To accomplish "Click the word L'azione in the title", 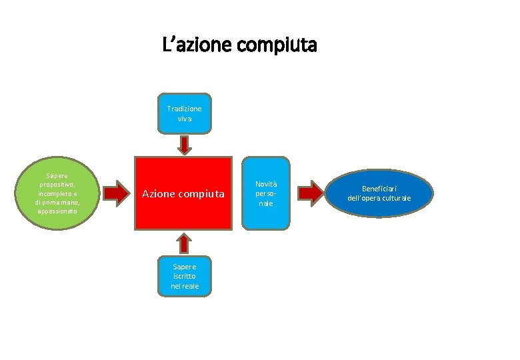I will pos(198,46).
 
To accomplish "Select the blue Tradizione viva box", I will pos(185,113).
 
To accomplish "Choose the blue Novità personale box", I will pos(266,193).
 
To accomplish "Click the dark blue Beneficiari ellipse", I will pos(379,193).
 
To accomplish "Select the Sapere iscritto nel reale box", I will pos(185,276).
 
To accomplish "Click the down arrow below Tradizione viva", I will pos(185,144).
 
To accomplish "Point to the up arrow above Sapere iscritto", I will pos(185,243).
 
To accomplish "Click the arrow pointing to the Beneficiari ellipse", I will pos(311,193).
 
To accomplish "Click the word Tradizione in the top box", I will pos(185,108).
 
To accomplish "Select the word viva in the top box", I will pos(185,119).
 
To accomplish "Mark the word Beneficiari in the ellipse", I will pos(379,189).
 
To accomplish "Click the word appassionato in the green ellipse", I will pos(59,211).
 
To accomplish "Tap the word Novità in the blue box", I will pos(266,184).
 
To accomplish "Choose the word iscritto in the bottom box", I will pos(185,276).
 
